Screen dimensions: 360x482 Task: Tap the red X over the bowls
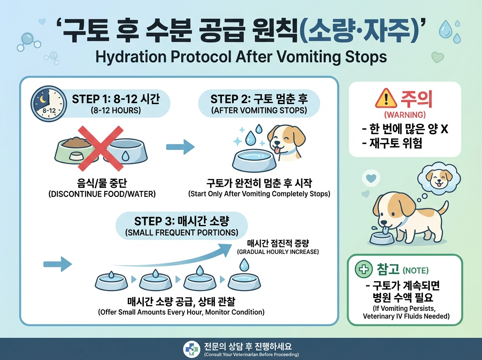(100, 147)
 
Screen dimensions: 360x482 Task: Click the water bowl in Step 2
(254, 162)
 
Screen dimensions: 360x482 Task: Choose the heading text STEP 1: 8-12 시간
(115, 99)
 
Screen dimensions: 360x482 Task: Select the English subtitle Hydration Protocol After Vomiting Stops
(241, 57)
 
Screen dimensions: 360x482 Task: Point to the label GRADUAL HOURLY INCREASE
(278, 252)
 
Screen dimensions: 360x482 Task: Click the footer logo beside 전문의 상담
(191, 348)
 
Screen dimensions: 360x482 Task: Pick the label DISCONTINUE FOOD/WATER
(102, 194)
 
